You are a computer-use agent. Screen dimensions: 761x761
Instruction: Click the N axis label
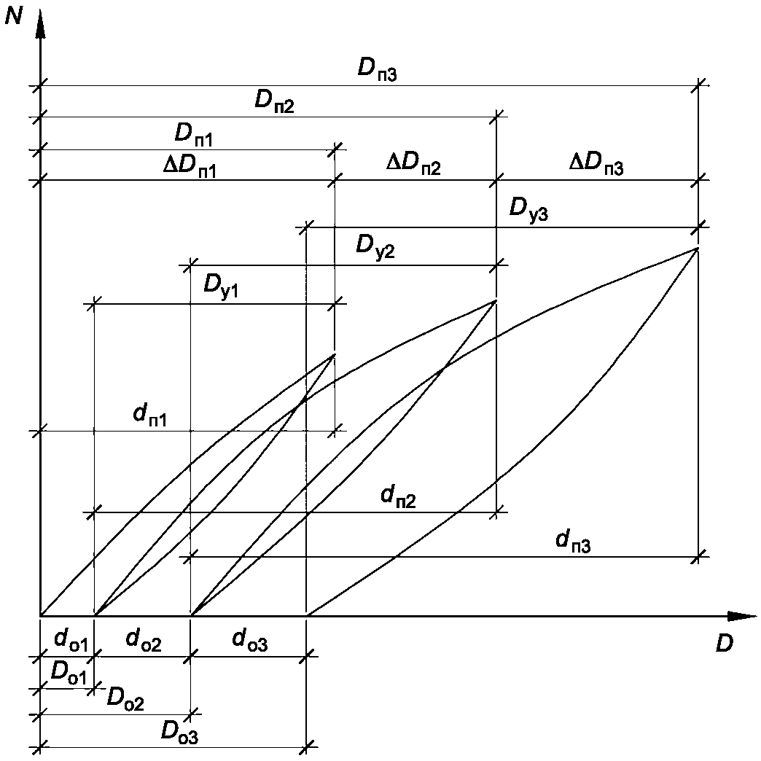pyautogui.click(x=14, y=16)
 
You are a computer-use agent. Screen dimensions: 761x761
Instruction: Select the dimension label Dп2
pyautogui.click(x=274, y=101)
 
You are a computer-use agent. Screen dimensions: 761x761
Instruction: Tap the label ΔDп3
pyautogui.click(x=596, y=167)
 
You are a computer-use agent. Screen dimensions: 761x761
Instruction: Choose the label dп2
pyautogui.click(x=397, y=496)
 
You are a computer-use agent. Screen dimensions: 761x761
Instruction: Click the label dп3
pyautogui.click(x=572, y=541)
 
